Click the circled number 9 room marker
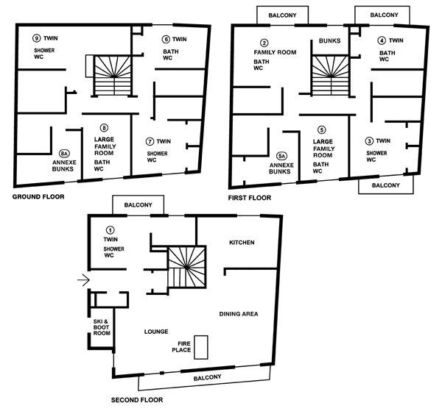tap(36, 38)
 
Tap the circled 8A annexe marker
tap(64, 154)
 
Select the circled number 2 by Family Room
tap(264, 43)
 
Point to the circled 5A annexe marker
tap(281, 156)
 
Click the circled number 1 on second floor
tap(110, 230)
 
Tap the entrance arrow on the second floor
tap(84, 280)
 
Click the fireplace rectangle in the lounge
tap(201, 347)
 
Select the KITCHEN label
tap(242, 243)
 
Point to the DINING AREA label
tap(239, 314)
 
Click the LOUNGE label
tap(156, 332)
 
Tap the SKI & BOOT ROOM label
tap(102, 327)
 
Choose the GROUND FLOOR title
tap(38, 197)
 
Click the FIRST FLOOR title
tap(250, 198)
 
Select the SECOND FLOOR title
tap(137, 400)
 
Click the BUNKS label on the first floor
tap(329, 40)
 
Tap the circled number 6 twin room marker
tap(166, 39)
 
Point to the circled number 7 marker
tap(150, 141)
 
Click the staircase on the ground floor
tap(113, 76)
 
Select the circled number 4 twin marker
tap(382, 40)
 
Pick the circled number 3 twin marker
tap(369, 141)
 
